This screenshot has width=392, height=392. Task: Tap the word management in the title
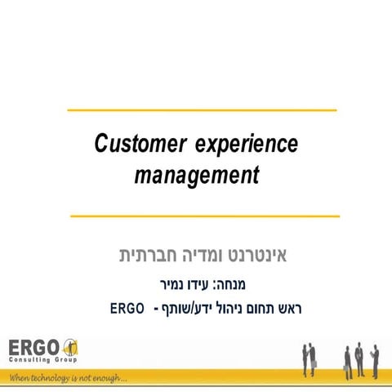pyautogui.click(x=196, y=174)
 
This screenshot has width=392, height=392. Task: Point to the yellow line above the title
pyautogui.click(x=202, y=109)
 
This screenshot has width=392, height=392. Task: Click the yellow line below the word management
pyautogui.click(x=204, y=216)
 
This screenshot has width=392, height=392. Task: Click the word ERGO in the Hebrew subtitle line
pyautogui.click(x=127, y=309)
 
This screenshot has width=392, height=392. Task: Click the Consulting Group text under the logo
pyautogui.click(x=39, y=360)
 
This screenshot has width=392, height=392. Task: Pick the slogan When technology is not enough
pyautogui.click(x=65, y=378)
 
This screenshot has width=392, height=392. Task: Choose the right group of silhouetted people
pyautogui.click(x=359, y=356)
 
